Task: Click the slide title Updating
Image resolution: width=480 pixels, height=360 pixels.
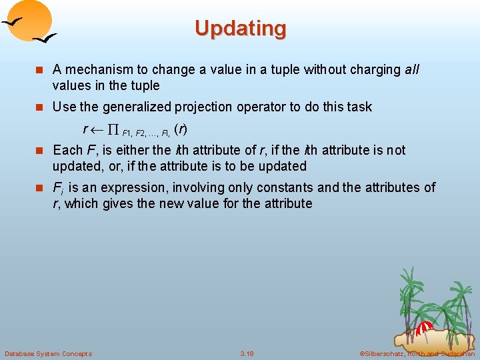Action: coord(241,29)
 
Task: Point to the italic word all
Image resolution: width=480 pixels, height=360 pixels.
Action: coord(411,69)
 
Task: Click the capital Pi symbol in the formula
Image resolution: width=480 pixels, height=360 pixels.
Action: coord(111,129)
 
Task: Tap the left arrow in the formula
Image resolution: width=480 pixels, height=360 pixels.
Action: coord(97,129)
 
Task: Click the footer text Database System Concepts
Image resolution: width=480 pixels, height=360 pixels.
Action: coord(48,353)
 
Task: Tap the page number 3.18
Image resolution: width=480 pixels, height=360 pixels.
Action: coord(247,353)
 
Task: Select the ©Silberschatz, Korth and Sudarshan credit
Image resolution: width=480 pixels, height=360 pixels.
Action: coord(417,353)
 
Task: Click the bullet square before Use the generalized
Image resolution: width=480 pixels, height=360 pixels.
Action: coord(41,107)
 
